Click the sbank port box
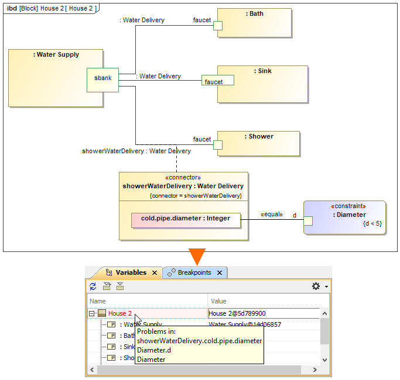[x=102, y=80]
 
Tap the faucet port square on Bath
[x=217, y=25]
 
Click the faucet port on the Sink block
[x=218, y=81]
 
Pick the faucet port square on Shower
[x=217, y=144]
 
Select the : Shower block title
[x=259, y=136]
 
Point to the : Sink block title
[x=263, y=71]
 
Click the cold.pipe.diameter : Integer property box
[x=186, y=219]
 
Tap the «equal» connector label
[x=271, y=215]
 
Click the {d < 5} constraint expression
[x=372, y=224]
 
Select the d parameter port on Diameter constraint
[x=307, y=220]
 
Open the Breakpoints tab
[x=194, y=272]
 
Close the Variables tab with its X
[x=155, y=273]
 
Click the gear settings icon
[x=316, y=286]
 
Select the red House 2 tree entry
[x=120, y=313]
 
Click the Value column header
[x=218, y=301]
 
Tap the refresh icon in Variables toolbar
[x=93, y=286]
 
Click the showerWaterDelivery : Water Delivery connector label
[x=136, y=151]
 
